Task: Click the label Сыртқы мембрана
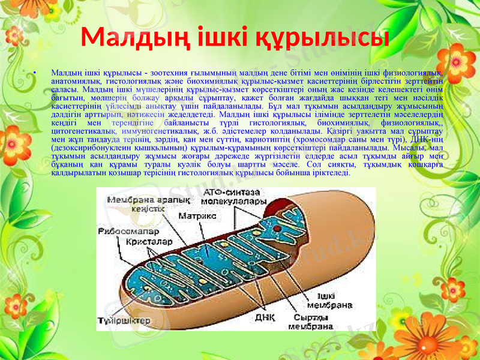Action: pyautogui.click(x=310, y=322)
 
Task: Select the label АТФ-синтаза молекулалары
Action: pyautogui.click(x=232, y=197)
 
